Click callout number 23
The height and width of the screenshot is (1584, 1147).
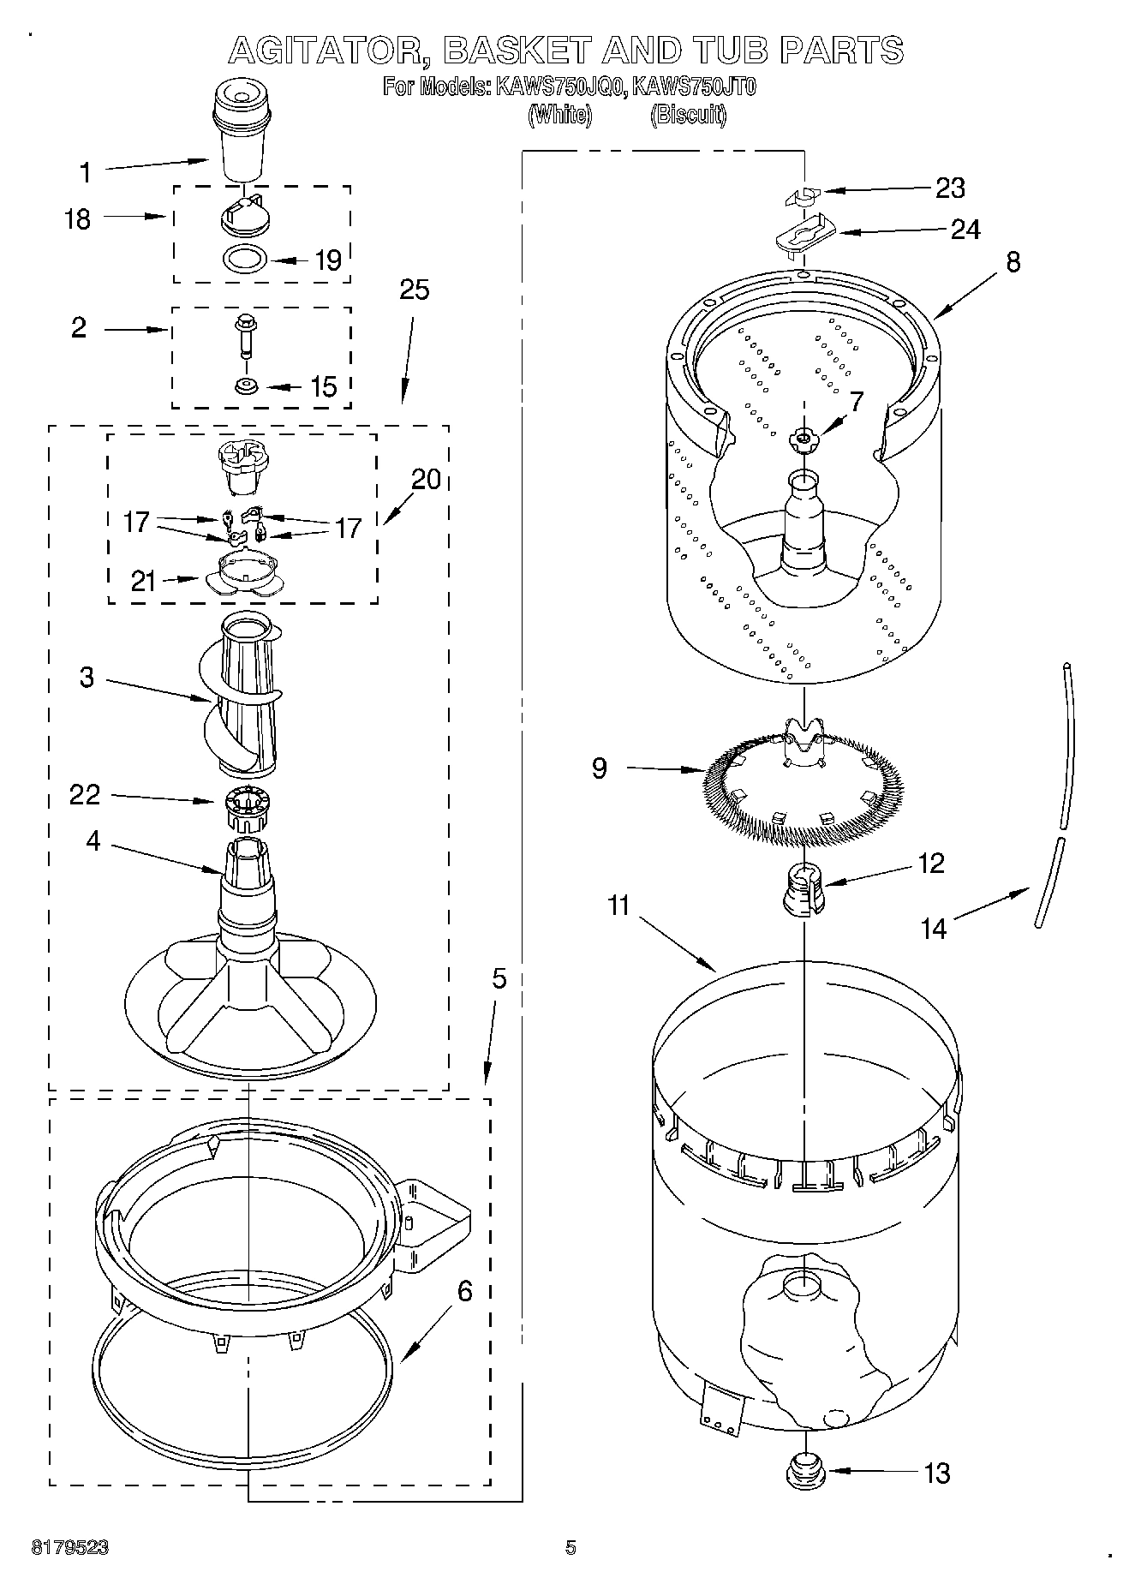click(949, 188)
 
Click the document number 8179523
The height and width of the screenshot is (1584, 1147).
click(70, 1547)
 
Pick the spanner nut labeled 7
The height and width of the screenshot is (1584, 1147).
click(802, 439)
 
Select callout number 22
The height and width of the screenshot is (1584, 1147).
click(85, 795)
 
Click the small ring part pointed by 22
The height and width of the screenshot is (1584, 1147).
click(248, 806)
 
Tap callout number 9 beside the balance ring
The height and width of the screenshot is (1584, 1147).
click(599, 768)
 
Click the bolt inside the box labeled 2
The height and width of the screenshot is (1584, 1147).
click(245, 336)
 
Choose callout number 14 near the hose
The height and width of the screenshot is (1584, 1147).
click(933, 928)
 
